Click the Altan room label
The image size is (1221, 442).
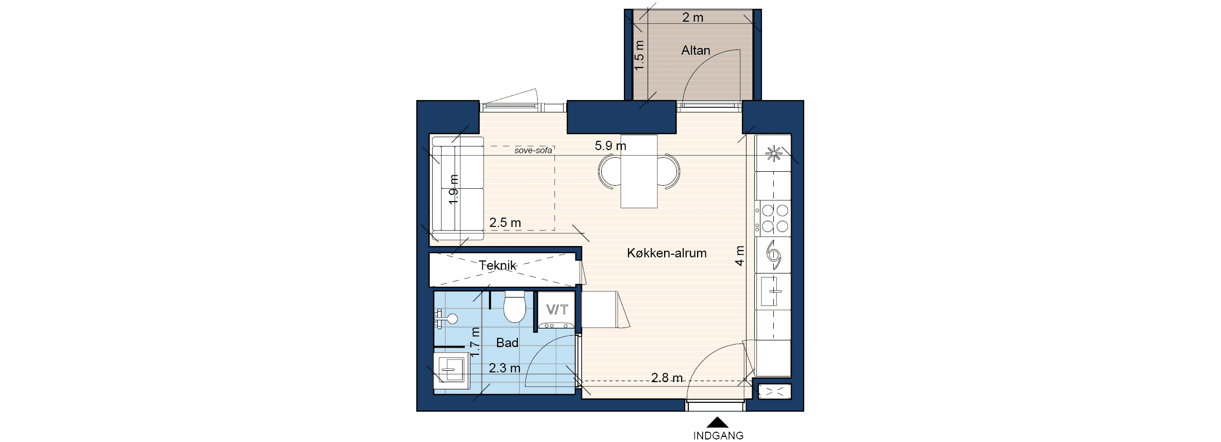coord(696,51)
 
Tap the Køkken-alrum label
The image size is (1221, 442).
coord(667,253)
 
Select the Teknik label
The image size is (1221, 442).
coord(498,266)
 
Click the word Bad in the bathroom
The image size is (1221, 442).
coord(507,343)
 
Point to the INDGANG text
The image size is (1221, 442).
coord(718,436)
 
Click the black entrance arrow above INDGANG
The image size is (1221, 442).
coord(717,423)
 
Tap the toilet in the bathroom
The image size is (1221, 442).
coord(515,307)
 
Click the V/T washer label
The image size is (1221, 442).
coord(557,309)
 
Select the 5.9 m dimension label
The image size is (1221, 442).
coord(610,146)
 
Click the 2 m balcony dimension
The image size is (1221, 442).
coord(693,18)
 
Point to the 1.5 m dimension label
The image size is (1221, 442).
coord(639,56)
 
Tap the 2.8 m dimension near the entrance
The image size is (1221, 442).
coord(667,378)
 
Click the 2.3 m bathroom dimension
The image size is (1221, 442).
coord(504,368)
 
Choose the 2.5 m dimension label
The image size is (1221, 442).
coord(505,223)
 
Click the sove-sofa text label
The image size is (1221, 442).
coord(533,151)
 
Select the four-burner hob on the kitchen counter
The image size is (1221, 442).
coord(773,218)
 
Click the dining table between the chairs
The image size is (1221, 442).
coord(639,171)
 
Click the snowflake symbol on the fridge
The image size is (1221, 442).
coord(773,154)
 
